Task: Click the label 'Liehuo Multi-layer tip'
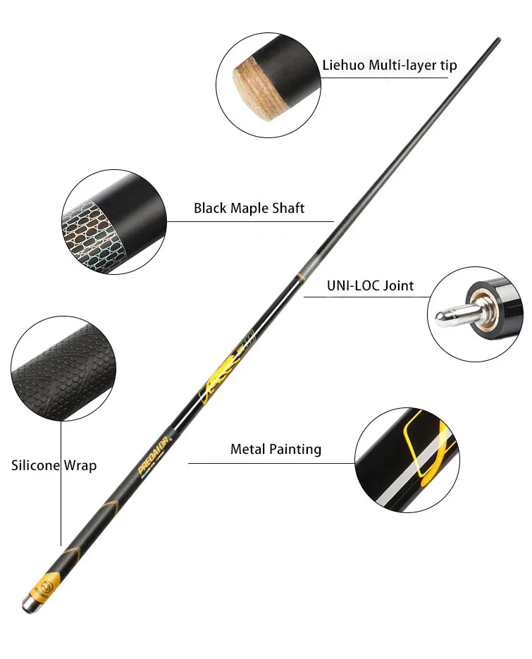390,66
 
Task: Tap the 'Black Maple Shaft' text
249,209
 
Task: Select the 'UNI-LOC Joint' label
370,285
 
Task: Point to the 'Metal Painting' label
276,449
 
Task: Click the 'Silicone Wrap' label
54,465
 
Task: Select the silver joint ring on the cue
307,270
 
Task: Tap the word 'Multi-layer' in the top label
395,66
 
